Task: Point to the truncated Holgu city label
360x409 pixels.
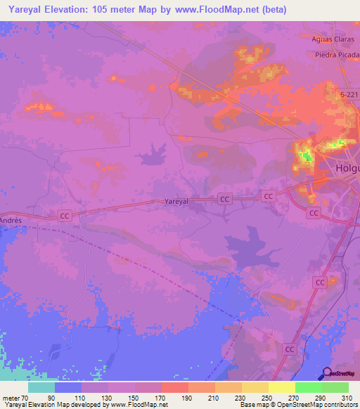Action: pos(347,169)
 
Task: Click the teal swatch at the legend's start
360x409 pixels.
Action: pos(41,387)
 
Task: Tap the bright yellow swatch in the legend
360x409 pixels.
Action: pos(282,387)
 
